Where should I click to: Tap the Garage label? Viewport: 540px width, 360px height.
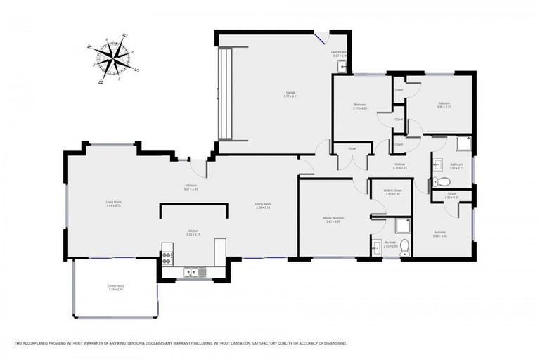point(290,94)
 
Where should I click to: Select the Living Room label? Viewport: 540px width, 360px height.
point(114,204)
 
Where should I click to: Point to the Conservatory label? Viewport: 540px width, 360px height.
point(115,287)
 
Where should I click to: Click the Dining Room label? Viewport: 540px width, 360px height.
point(263,206)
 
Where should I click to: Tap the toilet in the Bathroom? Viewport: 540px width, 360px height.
point(442,182)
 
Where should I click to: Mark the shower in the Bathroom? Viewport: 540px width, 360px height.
point(463,144)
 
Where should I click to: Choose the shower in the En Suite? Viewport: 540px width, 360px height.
point(402,225)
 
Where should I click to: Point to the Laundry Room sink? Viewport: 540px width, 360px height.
point(341,66)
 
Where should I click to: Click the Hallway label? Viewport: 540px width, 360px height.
point(399,167)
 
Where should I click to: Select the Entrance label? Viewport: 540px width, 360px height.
point(191,188)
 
